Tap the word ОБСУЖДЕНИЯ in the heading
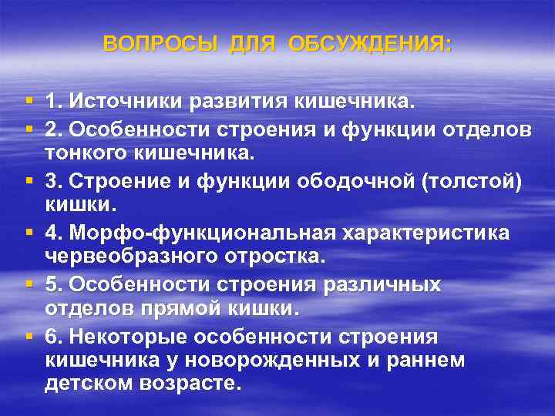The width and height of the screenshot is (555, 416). pyautogui.click(x=370, y=44)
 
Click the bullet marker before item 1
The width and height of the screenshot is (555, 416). pyautogui.click(x=29, y=101)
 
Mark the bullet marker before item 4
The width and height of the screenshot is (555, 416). pyautogui.click(x=29, y=232)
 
